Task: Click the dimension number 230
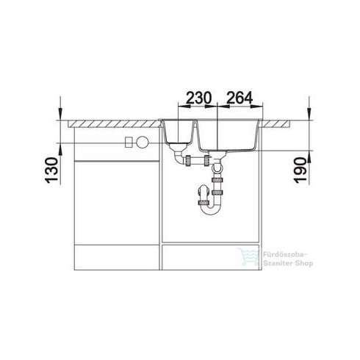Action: (x=198, y=98)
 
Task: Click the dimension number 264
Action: (x=240, y=98)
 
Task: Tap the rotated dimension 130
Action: (x=52, y=170)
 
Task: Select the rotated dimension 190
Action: (x=300, y=170)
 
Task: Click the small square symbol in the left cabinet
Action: (x=129, y=142)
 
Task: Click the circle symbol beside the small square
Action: (x=143, y=142)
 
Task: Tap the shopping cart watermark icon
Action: (x=248, y=256)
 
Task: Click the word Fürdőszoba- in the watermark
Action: (x=285, y=255)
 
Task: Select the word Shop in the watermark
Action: (x=304, y=264)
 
